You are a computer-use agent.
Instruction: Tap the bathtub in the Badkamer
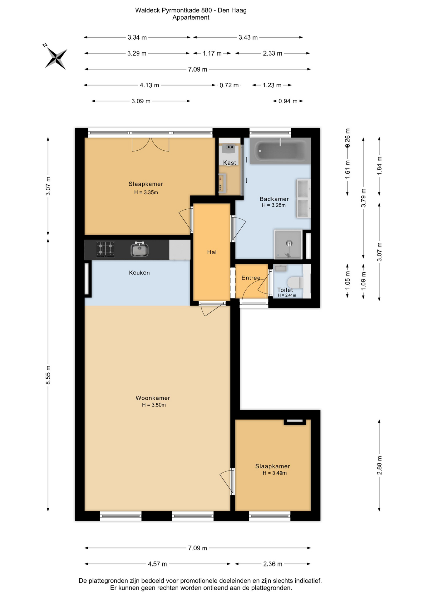click(x=280, y=151)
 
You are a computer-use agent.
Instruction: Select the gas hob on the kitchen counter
click(x=105, y=250)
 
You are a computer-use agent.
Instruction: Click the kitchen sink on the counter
click(x=139, y=249)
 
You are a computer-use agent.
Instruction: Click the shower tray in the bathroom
click(x=288, y=245)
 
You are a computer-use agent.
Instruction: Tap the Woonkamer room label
click(x=153, y=398)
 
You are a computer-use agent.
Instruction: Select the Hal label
click(x=212, y=252)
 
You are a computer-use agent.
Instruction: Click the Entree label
click(x=251, y=278)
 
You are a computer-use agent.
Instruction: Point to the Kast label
click(x=229, y=163)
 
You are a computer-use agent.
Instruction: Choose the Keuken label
click(x=139, y=273)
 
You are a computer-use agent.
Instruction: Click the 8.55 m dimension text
click(x=48, y=375)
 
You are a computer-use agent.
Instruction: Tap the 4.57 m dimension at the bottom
click(x=157, y=564)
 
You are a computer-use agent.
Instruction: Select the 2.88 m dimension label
click(x=379, y=465)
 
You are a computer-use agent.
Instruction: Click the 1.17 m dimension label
click(x=212, y=53)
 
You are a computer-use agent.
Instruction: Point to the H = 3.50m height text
click(x=154, y=405)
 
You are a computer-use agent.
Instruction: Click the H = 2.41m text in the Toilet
click(x=287, y=295)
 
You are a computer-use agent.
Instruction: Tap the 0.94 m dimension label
click(x=288, y=101)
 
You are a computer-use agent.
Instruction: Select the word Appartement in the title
click(x=191, y=17)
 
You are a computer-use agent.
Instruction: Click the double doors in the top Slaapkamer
click(x=150, y=144)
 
